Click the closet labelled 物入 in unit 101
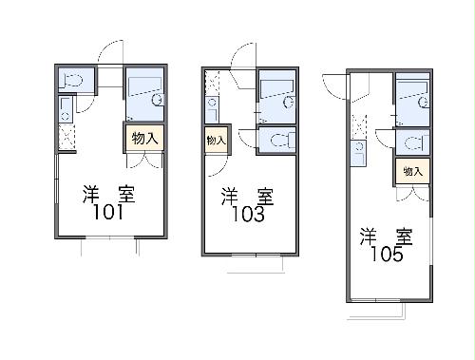tap(143, 138)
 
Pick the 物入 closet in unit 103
tap(216, 141)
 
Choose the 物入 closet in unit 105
tap(411, 171)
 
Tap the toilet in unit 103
tap(276, 141)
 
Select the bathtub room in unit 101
tap(144, 93)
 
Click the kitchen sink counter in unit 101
tap(66, 112)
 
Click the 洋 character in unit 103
tap(231, 197)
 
